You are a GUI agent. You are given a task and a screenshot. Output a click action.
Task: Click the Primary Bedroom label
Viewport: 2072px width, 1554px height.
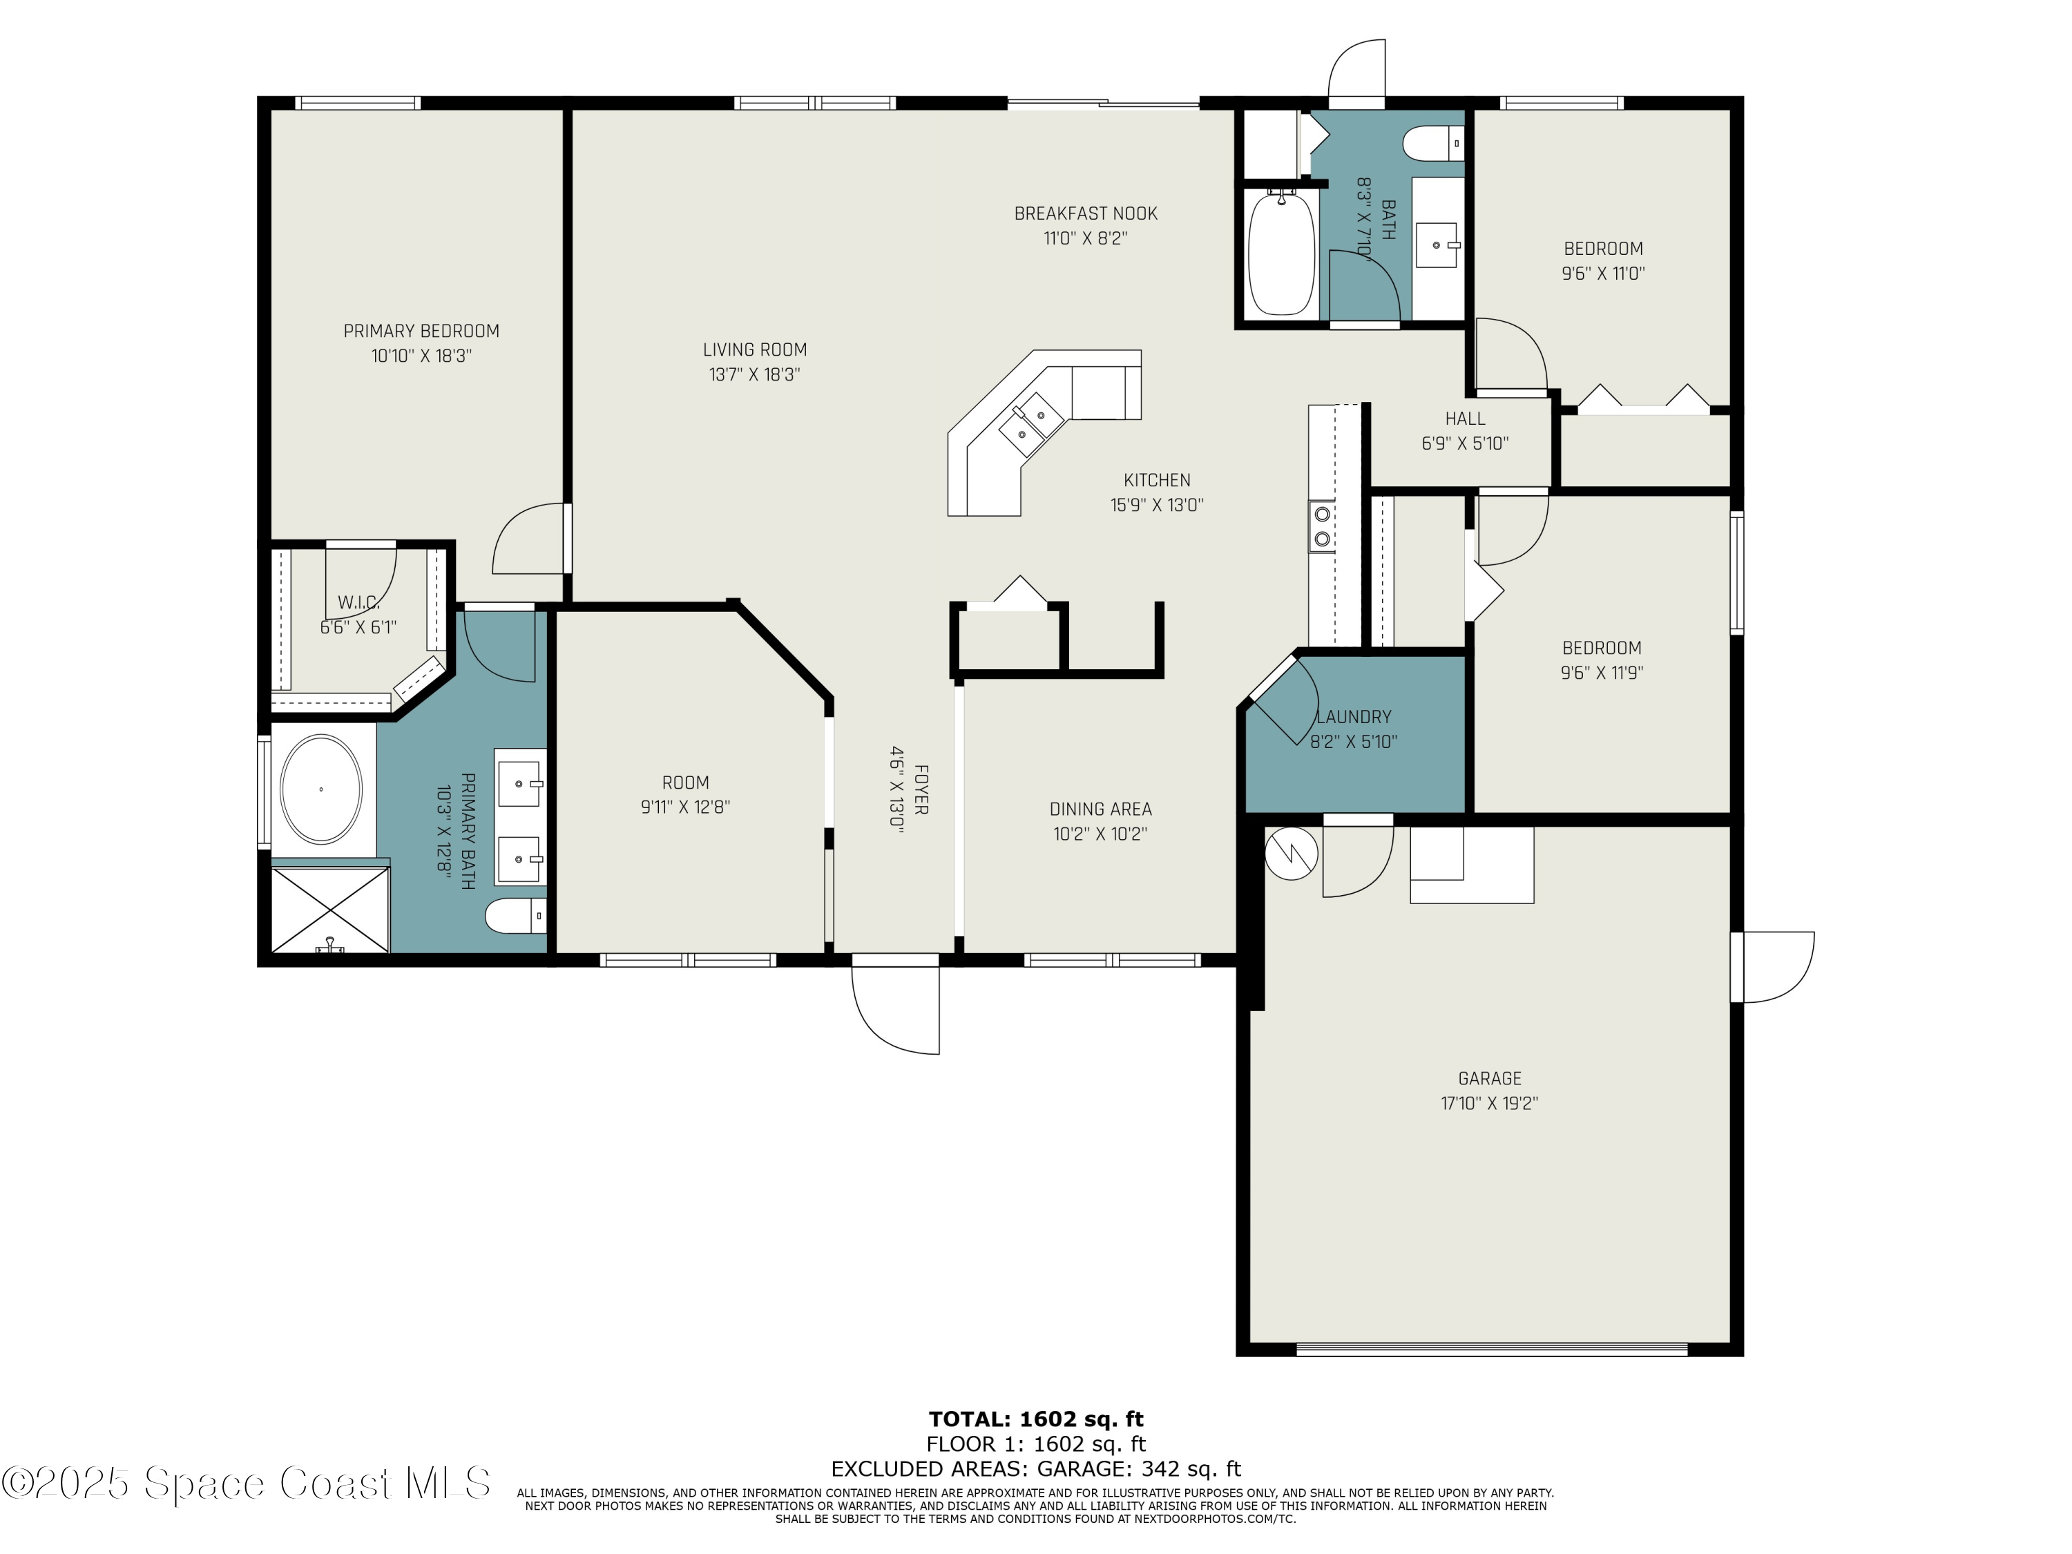[x=421, y=331]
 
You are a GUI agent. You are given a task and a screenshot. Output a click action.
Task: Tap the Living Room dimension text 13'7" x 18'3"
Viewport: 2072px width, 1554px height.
[x=754, y=374]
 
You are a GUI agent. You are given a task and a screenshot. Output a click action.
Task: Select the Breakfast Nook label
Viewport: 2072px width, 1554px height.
[x=1086, y=213]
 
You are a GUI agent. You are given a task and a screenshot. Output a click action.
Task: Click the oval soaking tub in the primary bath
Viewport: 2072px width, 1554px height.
[x=321, y=789]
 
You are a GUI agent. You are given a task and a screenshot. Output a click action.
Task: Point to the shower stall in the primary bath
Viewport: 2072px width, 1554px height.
[x=329, y=910]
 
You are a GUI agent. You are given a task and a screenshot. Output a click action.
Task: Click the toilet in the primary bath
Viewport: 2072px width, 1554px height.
[x=516, y=915]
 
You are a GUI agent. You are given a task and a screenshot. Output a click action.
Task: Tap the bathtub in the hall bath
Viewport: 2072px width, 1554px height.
[x=1281, y=253]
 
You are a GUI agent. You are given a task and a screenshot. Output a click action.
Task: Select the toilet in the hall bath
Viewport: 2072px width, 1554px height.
[x=1433, y=144]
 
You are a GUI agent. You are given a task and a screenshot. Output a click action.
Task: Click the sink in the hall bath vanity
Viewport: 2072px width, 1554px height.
[x=1437, y=244]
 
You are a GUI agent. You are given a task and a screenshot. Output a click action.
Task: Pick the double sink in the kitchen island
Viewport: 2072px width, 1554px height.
[x=1031, y=423]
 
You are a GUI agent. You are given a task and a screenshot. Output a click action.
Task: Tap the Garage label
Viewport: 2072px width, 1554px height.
[x=1489, y=1078]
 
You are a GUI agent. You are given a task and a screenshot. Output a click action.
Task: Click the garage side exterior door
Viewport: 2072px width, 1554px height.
[x=1772, y=967]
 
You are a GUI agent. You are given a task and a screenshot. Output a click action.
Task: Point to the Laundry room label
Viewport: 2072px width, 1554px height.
[x=1354, y=717]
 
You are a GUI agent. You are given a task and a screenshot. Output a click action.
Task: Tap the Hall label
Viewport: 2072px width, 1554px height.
[x=1465, y=419]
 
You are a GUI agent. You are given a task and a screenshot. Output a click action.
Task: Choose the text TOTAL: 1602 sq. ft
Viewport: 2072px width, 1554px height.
[x=1036, y=1419]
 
